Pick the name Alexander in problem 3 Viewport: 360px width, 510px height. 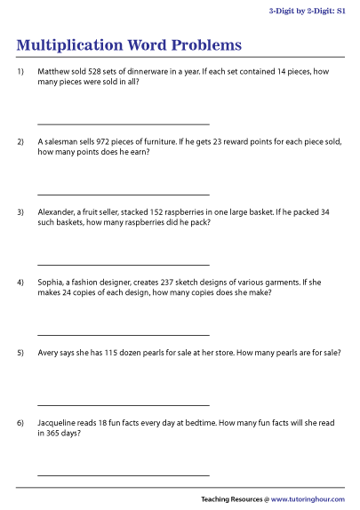point(58,212)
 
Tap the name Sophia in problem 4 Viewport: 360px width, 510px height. point(52,283)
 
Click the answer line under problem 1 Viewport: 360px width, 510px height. point(124,124)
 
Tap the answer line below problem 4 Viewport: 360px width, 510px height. point(124,335)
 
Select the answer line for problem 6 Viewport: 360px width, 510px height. point(124,476)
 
